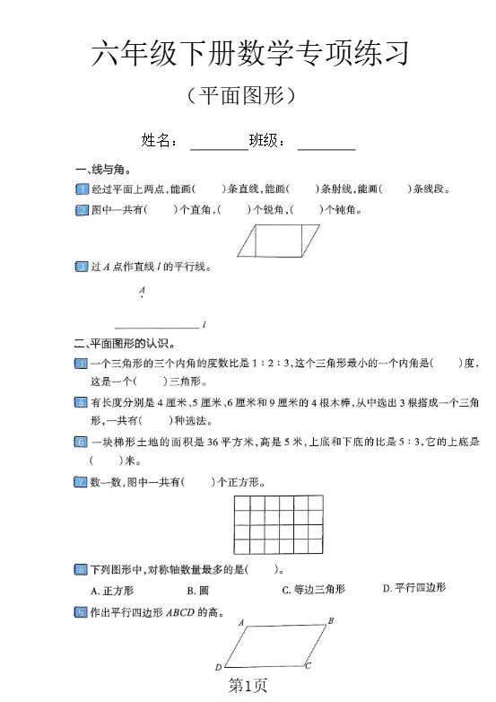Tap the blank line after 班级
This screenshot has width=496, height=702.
point(326,143)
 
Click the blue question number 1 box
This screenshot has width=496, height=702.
point(82,189)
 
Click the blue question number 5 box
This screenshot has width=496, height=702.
point(82,402)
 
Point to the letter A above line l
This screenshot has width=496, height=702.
point(142,292)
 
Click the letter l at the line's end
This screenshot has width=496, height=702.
point(205,324)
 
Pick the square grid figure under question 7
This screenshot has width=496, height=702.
point(279,526)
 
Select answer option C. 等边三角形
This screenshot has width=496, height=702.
point(313,590)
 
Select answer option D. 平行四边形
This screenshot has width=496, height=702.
point(413,588)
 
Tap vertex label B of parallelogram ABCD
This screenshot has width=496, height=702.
point(331,620)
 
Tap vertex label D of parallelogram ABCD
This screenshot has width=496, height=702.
point(218,668)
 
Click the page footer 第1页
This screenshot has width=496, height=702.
point(248,686)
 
